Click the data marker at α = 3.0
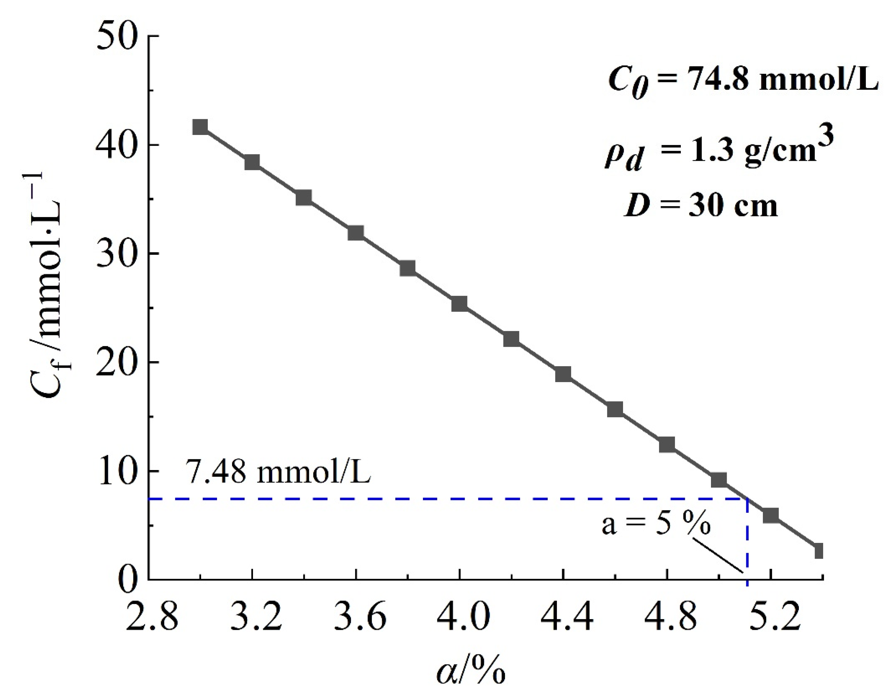[200, 127]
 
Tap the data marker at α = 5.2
[770, 515]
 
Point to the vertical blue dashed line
[747, 541]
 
